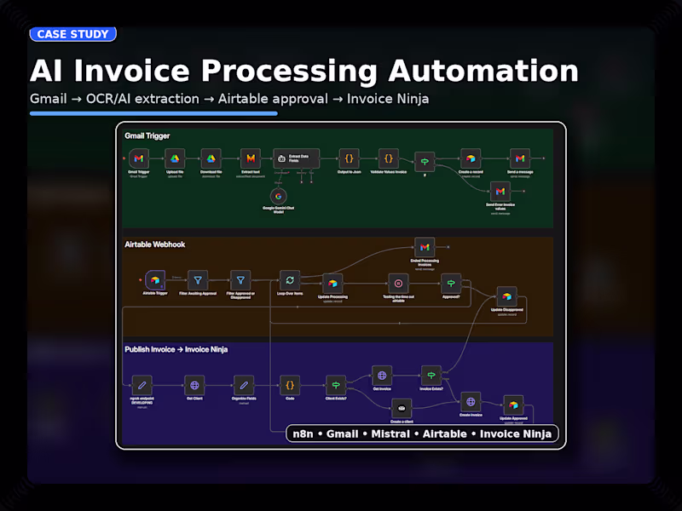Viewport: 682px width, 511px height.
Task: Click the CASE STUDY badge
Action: pyautogui.click(x=72, y=34)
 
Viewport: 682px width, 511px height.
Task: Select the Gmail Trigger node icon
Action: pyautogui.click(x=139, y=158)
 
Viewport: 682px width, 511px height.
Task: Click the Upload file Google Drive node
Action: pyautogui.click(x=174, y=158)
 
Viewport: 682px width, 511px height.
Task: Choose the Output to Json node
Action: pyautogui.click(x=348, y=158)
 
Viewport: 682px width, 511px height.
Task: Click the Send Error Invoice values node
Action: pyautogui.click(x=500, y=192)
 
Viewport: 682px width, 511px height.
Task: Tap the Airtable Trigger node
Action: pyautogui.click(x=155, y=280)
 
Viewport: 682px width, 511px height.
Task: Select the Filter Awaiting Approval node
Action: pyautogui.click(x=198, y=280)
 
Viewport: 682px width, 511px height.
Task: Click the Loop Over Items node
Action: pyautogui.click(x=290, y=280)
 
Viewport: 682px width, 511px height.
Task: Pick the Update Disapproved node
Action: pyautogui.click(x=506, y=296)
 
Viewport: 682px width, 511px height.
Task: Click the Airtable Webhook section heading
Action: pyautogui.click(x=155, y=244)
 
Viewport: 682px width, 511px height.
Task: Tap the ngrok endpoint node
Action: pyautogui.click(x=143, y=384)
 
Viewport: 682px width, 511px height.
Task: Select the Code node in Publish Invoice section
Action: pyautogui.click(x=290, y=384)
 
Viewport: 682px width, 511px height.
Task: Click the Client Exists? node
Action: pyautogui.click(x=336, y=384)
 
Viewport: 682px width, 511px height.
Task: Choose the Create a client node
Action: pyautogui.click(x=402, y=408)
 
